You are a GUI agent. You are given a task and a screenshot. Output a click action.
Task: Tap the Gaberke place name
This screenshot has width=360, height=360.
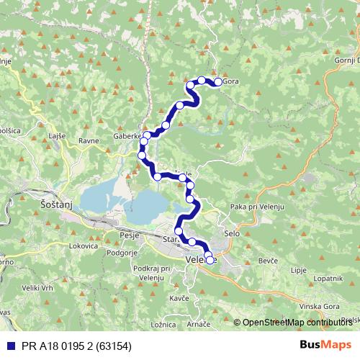click(x=126, y=135)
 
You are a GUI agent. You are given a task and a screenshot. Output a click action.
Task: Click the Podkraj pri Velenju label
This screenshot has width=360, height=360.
click(x=150, y=273)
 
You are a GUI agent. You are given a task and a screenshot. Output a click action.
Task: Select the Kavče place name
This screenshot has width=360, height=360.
click(x=179, y=297)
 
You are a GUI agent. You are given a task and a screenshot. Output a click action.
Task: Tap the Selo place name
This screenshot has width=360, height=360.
click(x=231, y=235)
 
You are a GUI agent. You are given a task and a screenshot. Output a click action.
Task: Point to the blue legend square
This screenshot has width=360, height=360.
click(x=8, y=346)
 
